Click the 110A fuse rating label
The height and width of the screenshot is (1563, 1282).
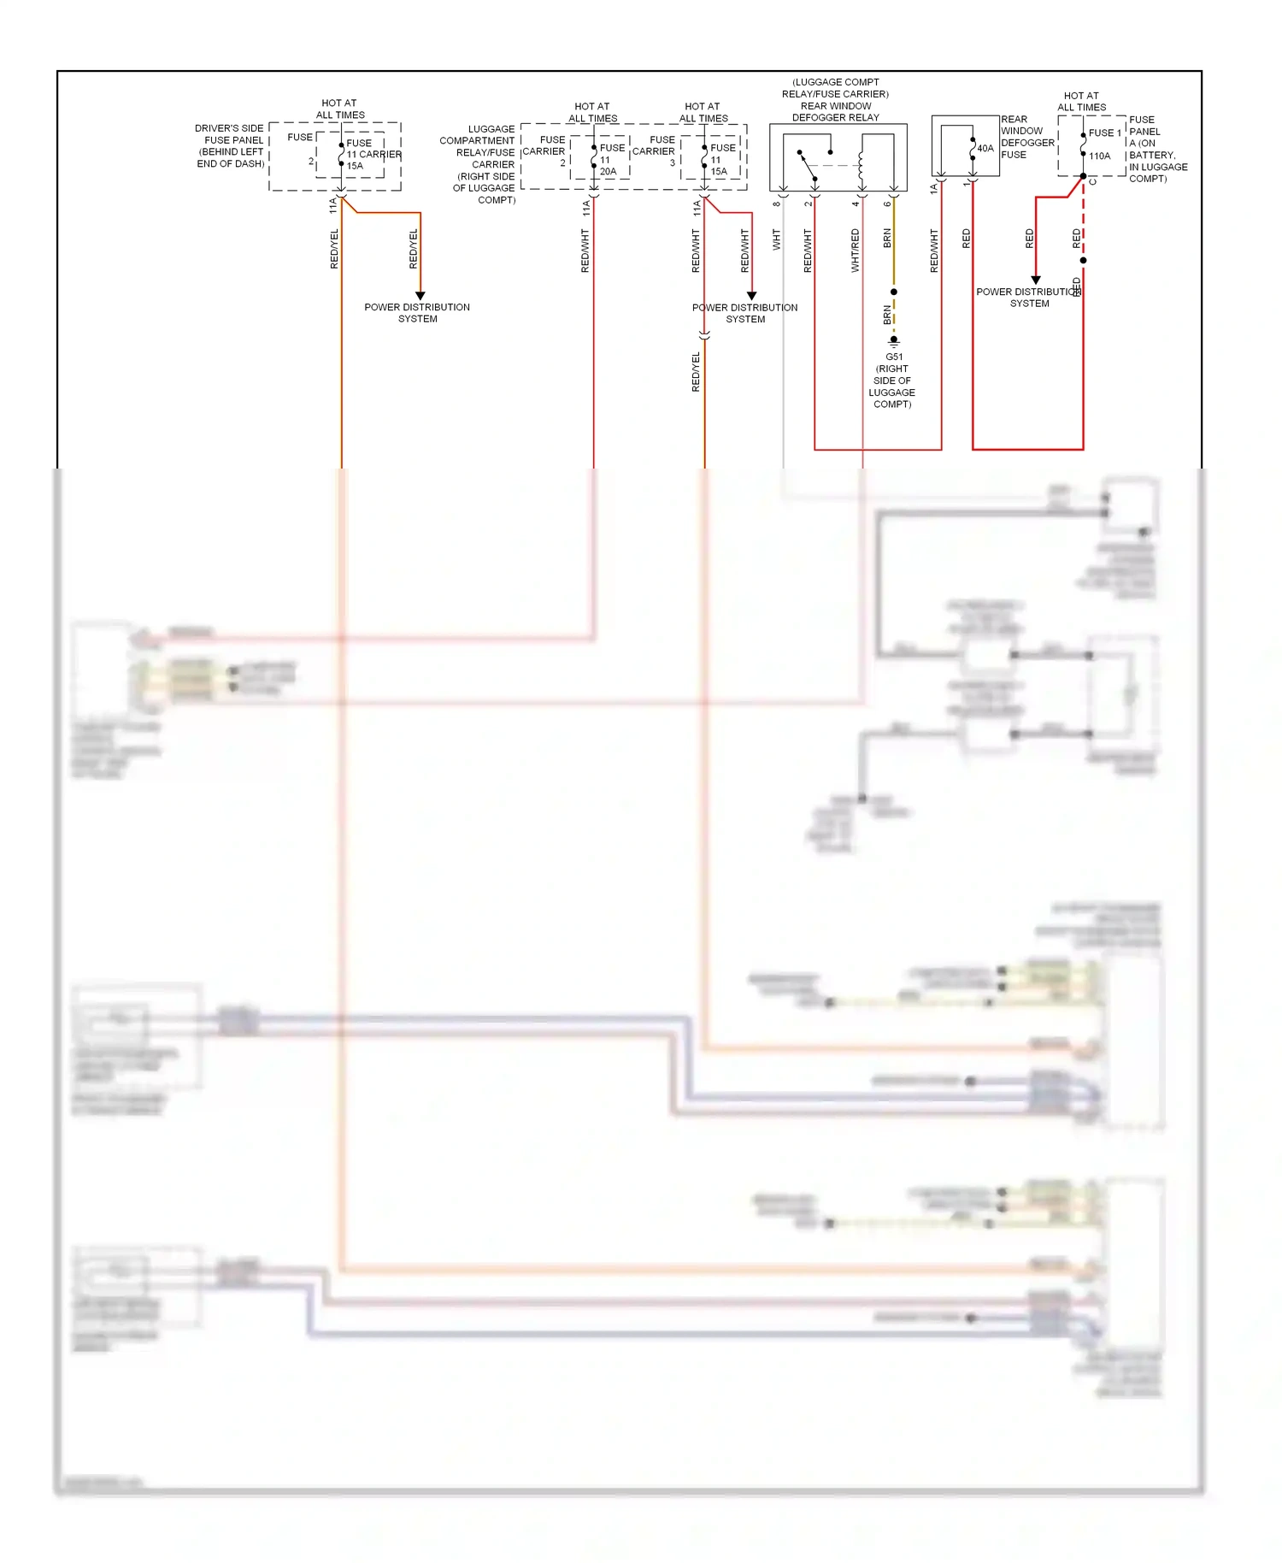coord(1099,156)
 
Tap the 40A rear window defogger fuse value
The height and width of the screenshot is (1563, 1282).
coord(985,148)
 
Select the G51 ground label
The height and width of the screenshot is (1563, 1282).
coord(893,357)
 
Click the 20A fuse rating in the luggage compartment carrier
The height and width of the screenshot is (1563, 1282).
coord(608,171)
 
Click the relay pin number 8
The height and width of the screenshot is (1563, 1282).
coord(777,203)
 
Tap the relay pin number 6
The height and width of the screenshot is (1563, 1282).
coord(887,203)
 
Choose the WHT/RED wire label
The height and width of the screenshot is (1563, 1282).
coord(855,250)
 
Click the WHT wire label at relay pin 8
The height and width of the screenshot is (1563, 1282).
coord(777,239)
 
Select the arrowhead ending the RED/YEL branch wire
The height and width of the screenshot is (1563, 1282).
coord(420,296)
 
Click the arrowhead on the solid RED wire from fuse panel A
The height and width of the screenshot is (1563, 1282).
coord(1036,280)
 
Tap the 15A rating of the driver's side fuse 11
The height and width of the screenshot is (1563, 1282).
coord(355,166)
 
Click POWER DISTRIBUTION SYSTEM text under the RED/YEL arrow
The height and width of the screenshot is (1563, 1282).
coord(417,312)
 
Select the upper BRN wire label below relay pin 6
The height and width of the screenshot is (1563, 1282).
coord(887,238)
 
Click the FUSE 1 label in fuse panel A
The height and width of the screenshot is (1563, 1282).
coord(1104,133)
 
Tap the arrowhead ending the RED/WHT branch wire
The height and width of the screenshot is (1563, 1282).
coord(751,296)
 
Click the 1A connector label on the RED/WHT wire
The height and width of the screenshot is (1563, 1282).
coord(933,189)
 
